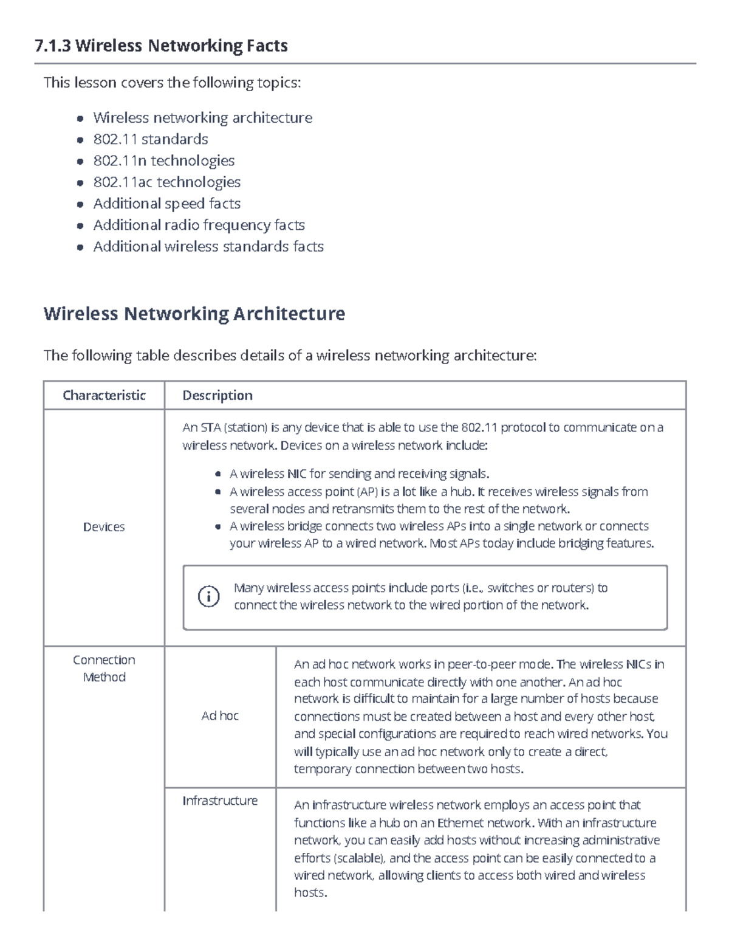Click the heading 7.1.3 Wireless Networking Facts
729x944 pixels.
(x=161, y=46)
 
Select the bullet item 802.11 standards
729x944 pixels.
(x=150, y=139)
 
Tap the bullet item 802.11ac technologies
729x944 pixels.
(x=166, y=182)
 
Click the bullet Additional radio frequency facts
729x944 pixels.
(x=199, y=225)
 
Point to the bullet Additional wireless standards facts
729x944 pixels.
(x=208, y=246)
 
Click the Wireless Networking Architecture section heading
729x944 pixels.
(x=194, y=314)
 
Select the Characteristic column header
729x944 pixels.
(x=104, y=395)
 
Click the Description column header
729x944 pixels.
(x=217, y=395)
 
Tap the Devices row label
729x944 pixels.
(x=104, y=527)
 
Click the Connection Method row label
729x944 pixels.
(x=104, y=669)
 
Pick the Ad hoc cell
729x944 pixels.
(x=220, y=716)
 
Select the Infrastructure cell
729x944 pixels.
(x=220, y=801)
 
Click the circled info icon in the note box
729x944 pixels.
(x=208, y=596)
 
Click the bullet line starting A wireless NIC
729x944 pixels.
(x=358, y=474)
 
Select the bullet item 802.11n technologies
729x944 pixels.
(x=163, y=160)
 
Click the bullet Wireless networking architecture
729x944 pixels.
(x=202, y=117)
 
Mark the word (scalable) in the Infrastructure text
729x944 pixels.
(x=358, y=858)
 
